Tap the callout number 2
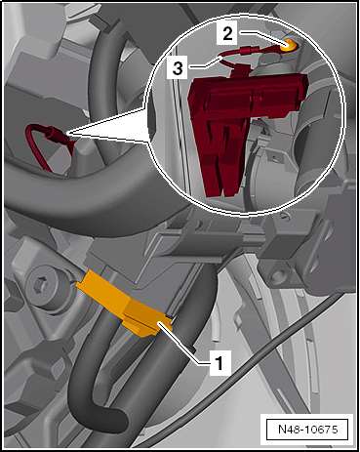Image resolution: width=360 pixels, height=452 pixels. pos(226,33)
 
